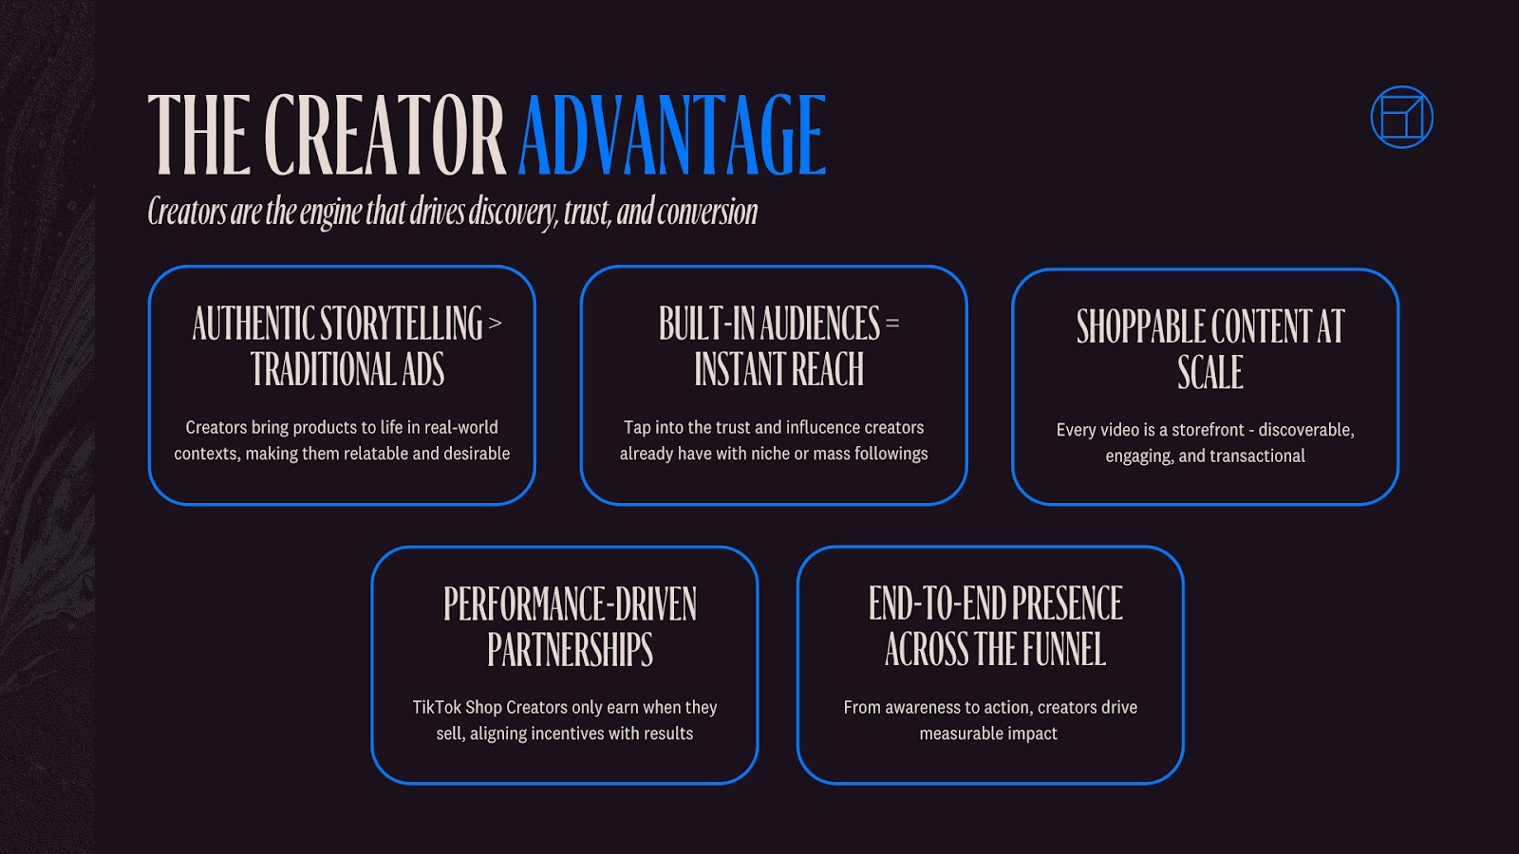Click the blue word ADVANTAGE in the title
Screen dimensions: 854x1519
click(672, 135)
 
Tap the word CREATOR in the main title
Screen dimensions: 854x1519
click(384, 135)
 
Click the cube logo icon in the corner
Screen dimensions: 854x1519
click(1401, 118)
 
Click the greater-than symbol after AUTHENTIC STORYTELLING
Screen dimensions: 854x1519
click(495, 325)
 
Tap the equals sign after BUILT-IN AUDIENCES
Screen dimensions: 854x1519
click(891, 325)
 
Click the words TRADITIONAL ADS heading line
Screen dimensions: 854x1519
click(347, 370)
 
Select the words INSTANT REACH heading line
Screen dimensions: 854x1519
click(778, 370)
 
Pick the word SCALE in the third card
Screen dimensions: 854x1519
click(1210, 373)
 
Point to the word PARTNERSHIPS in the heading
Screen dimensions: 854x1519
click(570, 651)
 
